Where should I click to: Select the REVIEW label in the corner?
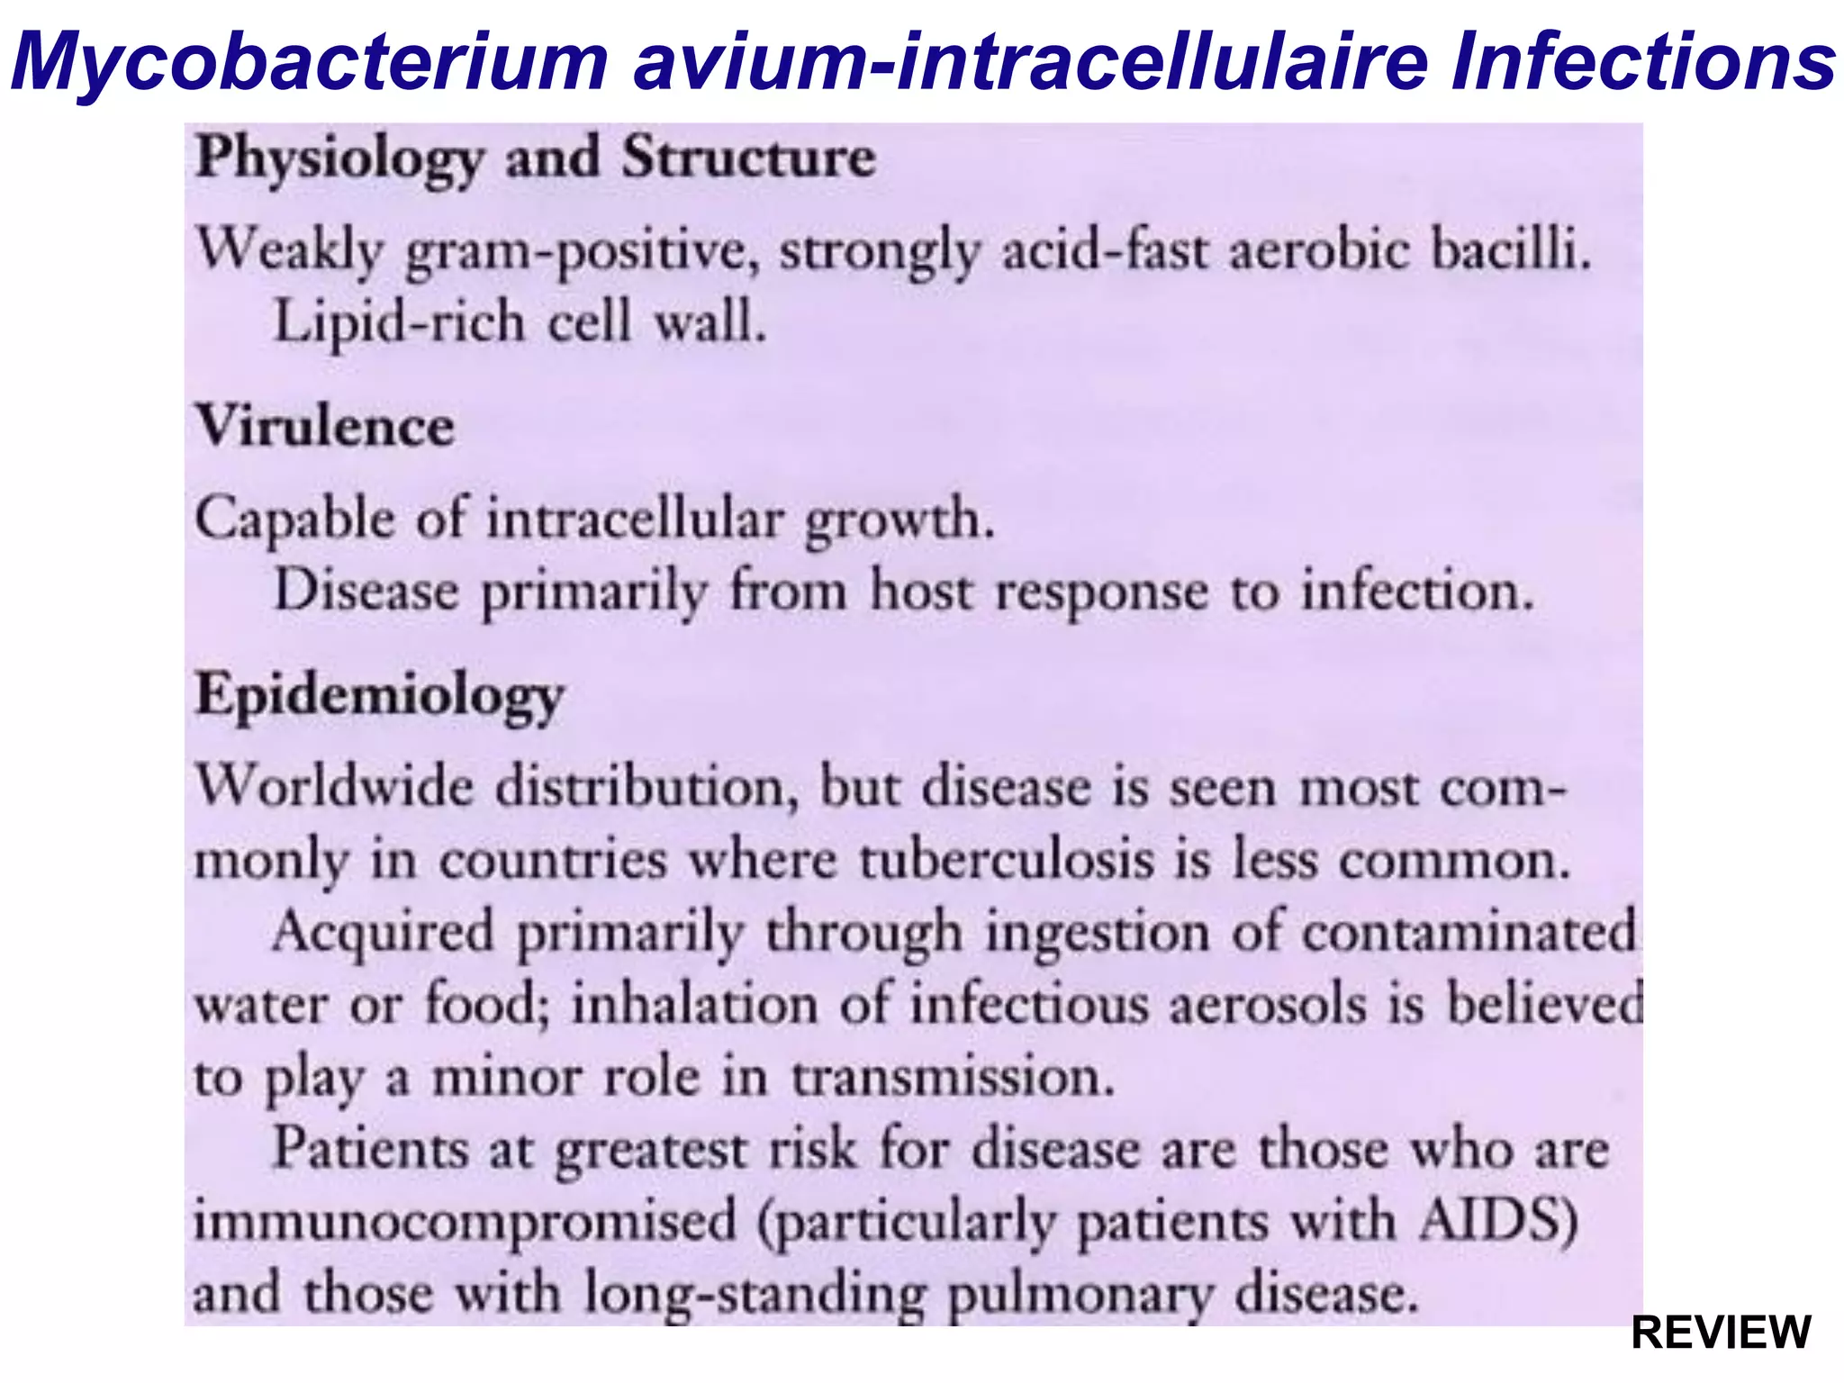1721,1333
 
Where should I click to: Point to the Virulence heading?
325,426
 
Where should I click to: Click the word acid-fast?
1105,249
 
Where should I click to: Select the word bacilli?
1510,249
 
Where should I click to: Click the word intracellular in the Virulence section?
636,520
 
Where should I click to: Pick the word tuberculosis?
1007,860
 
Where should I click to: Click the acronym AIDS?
1497,1222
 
